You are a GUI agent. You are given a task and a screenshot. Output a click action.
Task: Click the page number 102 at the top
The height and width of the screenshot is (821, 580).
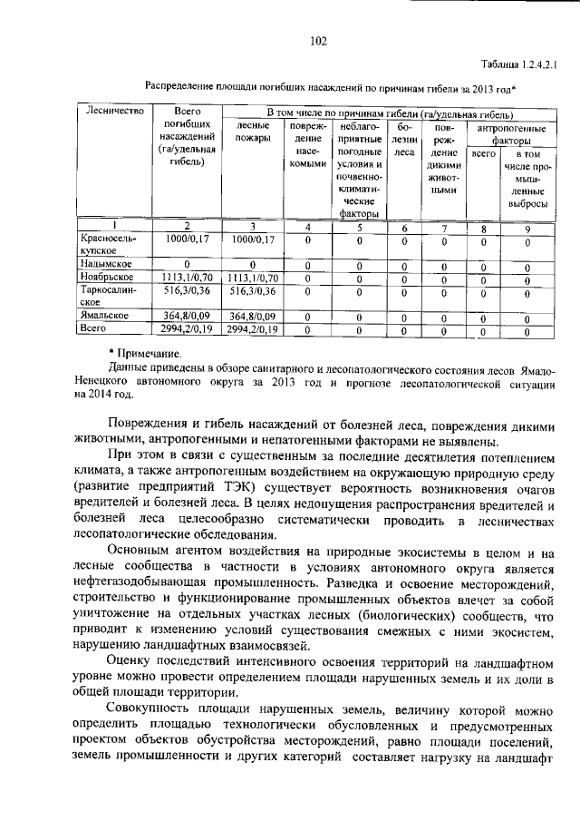317,40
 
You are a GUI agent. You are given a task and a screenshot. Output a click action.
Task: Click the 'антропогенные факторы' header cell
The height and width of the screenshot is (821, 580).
512,135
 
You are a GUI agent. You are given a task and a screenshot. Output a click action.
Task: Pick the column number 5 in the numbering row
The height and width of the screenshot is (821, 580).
360,227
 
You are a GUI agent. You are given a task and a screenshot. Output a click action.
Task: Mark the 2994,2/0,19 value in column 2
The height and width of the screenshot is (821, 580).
186,328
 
